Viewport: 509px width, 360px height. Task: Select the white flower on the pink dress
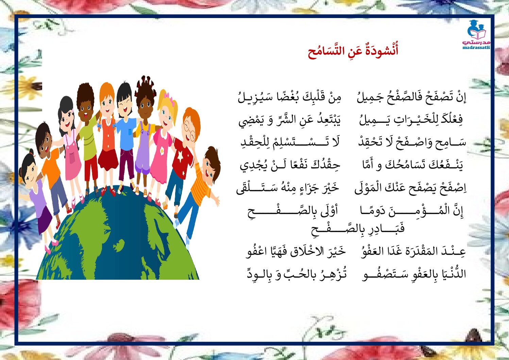point(162,150)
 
